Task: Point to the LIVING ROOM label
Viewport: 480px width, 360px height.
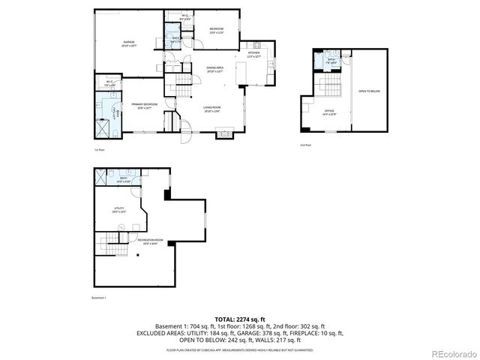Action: pyautogui.click(x=212, y=109)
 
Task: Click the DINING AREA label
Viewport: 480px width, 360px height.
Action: pyautogui.click(x=216, y=69)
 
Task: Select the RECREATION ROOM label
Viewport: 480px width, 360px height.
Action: pyautogui.click(x=149, y=241)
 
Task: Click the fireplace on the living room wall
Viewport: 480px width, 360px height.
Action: pyautogui.click(x=224, y=134)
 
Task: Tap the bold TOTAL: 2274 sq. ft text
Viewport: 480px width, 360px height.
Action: pyautogui.click(x=239, y=319)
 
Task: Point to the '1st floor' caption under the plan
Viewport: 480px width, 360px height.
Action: pyautogui.click(x=99, y=151)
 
